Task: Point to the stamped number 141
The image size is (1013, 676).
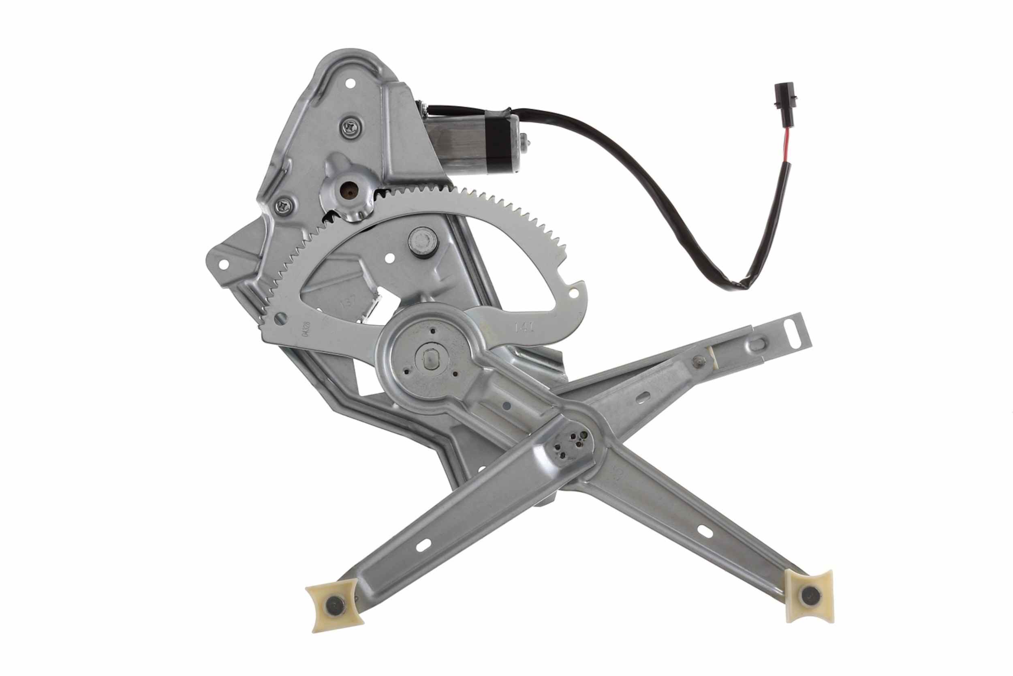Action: click(525, 327)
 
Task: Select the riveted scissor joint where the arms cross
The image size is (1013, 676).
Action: click(572, 448)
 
